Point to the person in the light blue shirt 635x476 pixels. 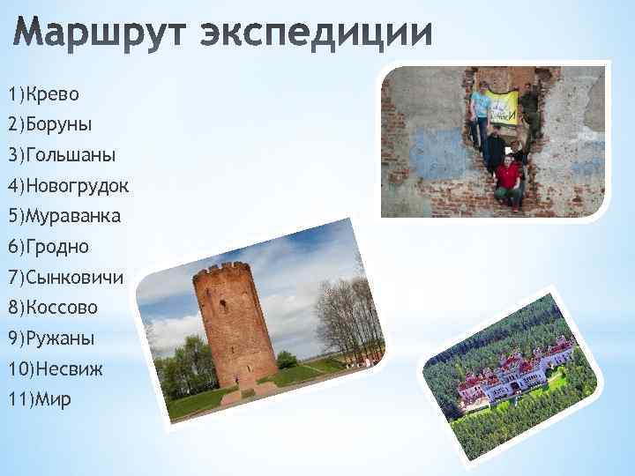[x=480, y=110]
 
